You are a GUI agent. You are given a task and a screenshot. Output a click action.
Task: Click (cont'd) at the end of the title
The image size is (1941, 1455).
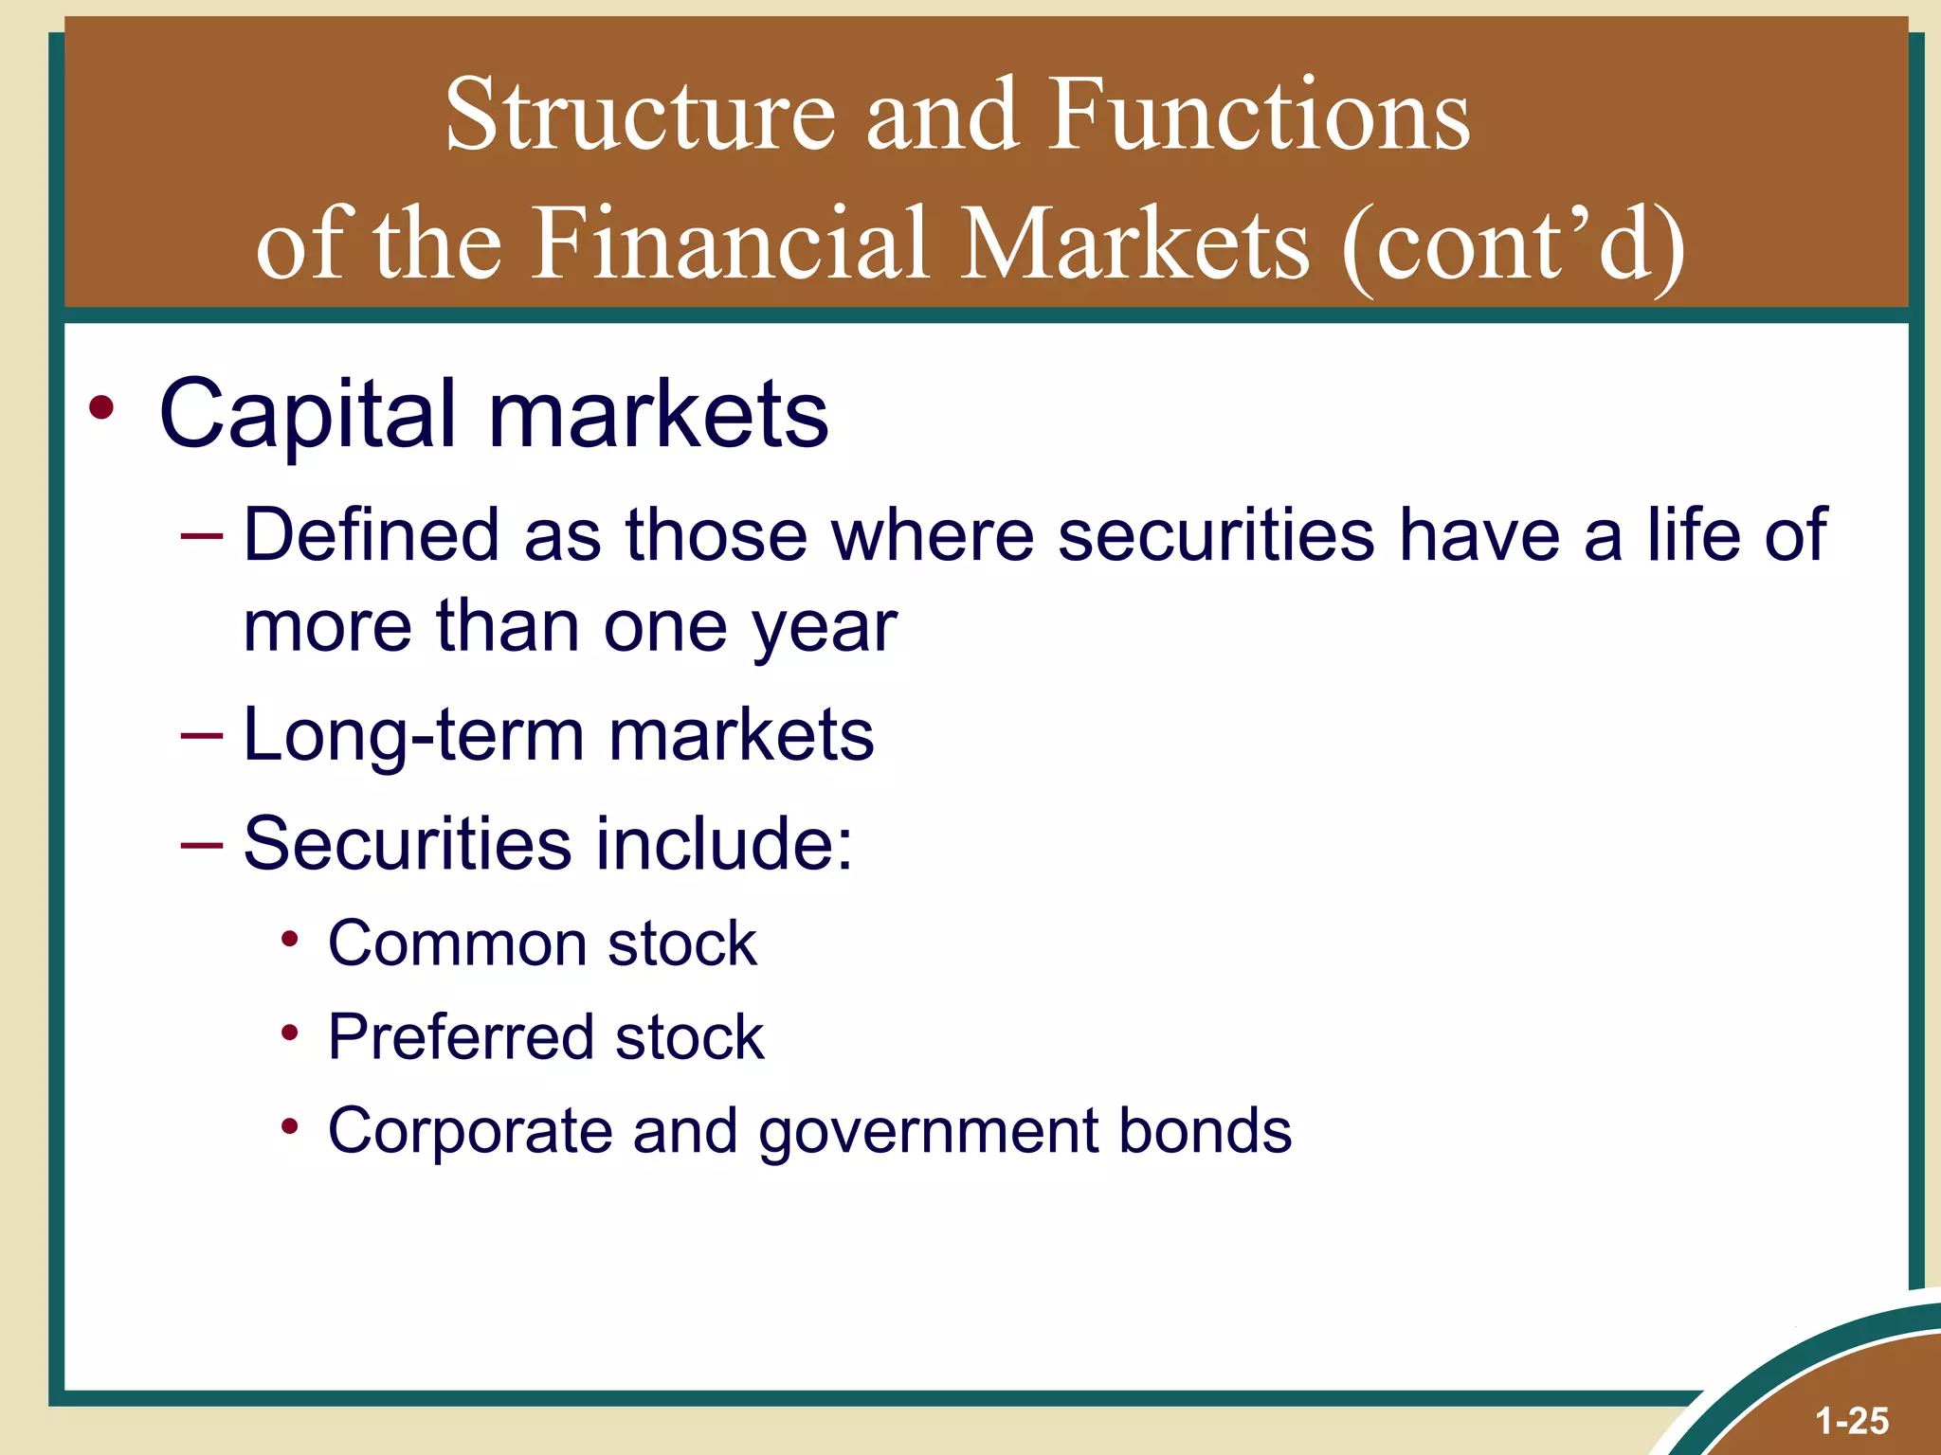(1513, 245)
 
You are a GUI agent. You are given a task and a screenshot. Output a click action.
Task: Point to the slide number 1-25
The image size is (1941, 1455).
(1852, 1421)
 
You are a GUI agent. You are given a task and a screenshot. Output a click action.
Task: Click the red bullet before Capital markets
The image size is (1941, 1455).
(101, 409)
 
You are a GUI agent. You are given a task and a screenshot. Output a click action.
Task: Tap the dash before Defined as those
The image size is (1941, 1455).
(201, 536)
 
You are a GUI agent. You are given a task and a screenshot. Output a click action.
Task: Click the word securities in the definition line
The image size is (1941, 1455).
(1216, 536)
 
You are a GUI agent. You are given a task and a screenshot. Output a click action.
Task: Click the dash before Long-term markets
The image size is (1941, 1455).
(201, 735)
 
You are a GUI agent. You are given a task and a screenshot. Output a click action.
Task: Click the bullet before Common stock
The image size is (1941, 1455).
(290, 941)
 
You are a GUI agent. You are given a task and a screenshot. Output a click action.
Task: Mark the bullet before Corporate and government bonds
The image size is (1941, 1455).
(290, 1127)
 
